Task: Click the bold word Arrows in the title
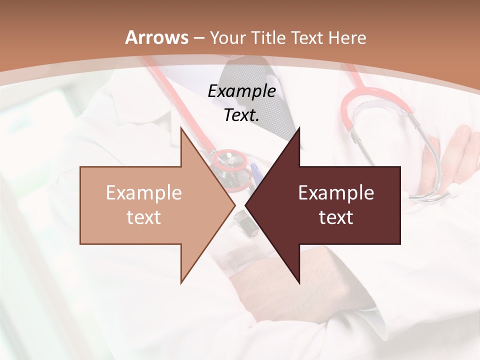point(157,37)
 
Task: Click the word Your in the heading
point(227,38)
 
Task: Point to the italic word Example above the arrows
point(242,91)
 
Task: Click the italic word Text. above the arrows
point(242,115)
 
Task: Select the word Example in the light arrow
point(144,193)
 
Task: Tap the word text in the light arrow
point(144,217)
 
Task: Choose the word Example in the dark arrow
point(336,193)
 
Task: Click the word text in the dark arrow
point(336,217)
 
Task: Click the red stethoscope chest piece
point(230,161)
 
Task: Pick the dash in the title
point(199,38)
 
